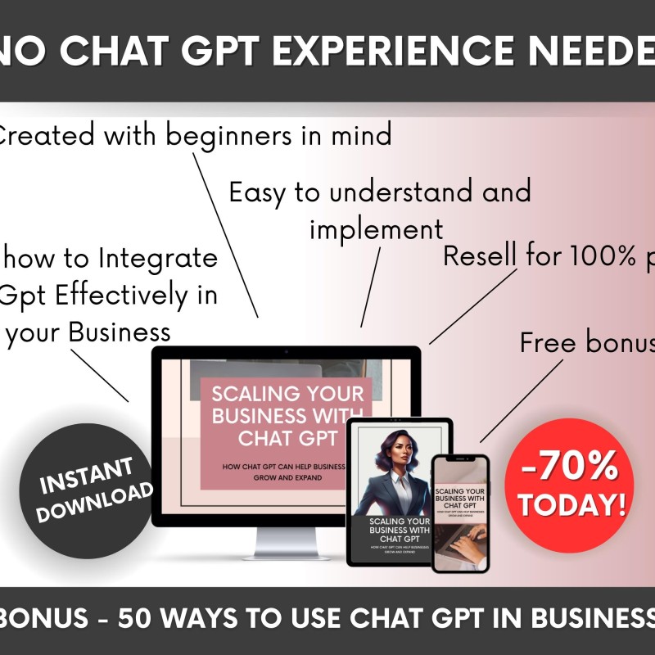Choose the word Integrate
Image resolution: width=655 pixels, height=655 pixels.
click(158, 258)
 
